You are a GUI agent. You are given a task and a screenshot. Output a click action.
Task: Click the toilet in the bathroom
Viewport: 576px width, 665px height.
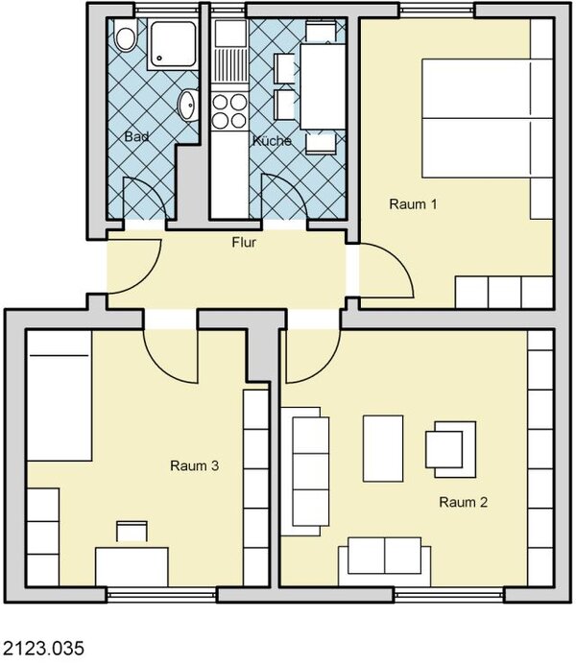[126, 36]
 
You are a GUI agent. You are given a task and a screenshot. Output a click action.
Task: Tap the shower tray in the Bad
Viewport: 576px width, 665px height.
[173, 44]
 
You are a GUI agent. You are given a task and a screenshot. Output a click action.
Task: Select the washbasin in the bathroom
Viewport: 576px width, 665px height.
[188, 105]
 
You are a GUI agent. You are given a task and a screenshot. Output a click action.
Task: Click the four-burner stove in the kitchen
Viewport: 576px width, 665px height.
[229, 111]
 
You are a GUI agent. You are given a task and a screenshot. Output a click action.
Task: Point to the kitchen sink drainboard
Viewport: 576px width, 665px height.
[229, 66]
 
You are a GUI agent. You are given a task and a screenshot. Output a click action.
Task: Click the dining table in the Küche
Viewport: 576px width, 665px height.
[323, 86]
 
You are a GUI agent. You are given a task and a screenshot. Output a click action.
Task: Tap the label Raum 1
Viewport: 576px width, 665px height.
[413, 204]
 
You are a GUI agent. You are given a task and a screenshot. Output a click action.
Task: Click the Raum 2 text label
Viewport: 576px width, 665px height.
[463, 502]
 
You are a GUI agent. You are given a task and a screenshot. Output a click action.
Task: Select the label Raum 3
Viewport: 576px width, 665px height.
[194, 465]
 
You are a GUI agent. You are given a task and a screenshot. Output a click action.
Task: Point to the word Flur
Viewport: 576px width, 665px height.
[244, 242]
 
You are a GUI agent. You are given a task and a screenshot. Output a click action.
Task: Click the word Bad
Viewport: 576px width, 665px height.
[136, 136]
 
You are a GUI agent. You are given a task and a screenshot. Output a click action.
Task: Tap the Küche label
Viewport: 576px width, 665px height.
[272, 141]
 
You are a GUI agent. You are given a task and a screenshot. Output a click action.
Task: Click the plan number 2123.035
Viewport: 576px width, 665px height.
[44, 649]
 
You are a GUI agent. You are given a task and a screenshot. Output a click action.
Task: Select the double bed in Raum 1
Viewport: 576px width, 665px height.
[488, 118]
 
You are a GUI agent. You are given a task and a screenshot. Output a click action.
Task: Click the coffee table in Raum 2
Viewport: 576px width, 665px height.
[383, 449]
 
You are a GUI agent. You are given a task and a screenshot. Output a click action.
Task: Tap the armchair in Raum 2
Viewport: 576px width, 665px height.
[450, 449]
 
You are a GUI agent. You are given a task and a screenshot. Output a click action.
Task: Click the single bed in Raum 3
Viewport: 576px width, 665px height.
[60, 395]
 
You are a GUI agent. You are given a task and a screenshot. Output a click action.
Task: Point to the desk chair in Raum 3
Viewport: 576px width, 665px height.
[132, 532]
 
